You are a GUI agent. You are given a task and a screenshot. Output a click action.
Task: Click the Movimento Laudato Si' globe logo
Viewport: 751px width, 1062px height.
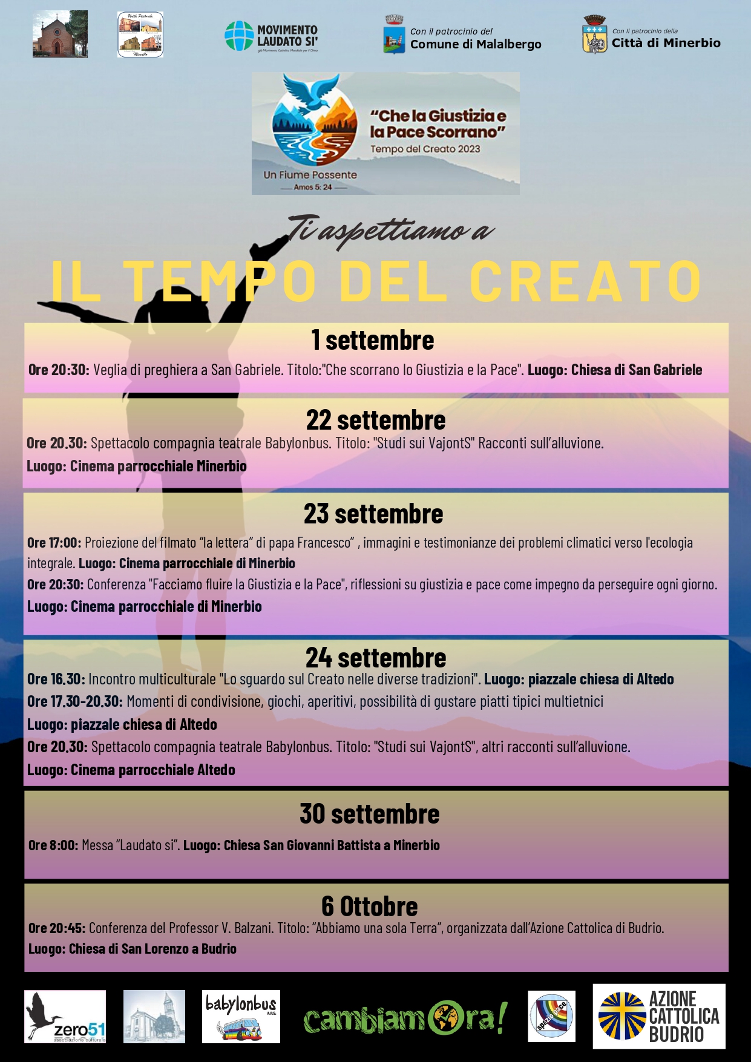coord(239,36)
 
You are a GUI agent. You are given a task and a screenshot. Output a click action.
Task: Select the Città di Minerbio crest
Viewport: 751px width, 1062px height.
coord(594,36)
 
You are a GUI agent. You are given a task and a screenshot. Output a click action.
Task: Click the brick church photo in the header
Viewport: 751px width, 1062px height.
coord(60,34)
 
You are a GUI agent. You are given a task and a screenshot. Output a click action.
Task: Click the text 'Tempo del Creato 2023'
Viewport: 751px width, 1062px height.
coord(425,149)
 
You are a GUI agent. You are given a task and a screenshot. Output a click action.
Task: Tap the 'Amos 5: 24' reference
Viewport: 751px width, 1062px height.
coord(313,188)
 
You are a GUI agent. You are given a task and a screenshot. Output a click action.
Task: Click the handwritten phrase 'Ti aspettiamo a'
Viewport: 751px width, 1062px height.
coord(390,231)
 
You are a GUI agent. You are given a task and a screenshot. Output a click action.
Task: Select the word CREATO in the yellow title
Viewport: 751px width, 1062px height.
coord(585,281)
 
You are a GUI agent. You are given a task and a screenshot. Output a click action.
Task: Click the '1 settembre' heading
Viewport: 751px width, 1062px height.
coord(373,340)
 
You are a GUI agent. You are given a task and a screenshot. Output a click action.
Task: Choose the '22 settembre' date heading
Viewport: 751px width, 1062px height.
coord(376,420)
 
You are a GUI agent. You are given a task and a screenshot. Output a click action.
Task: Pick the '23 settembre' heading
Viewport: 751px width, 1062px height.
coord(373,514)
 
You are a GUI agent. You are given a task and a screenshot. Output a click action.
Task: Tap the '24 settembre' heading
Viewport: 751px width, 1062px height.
coord(376,658)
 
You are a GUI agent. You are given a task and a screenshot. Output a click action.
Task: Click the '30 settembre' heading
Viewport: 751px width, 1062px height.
coord(370,814)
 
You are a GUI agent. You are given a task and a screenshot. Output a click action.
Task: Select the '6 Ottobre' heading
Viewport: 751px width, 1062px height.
coord(370,906)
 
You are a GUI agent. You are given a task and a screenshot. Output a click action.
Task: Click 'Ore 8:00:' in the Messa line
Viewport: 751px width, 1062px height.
coord(53,845)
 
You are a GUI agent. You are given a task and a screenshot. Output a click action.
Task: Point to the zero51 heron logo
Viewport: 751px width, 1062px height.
coord(65,1017)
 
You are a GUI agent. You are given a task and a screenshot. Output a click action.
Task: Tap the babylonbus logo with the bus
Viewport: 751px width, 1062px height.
coord(241,1017)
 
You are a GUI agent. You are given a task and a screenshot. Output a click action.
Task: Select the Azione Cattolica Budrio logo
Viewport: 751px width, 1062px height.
coord(658,1017)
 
